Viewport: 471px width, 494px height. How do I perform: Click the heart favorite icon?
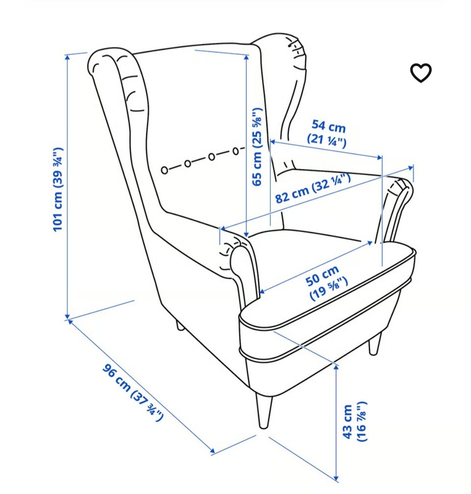click(420, 73)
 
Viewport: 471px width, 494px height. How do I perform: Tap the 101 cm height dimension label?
click(58, 189)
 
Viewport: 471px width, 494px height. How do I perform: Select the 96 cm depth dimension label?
click(133, 392)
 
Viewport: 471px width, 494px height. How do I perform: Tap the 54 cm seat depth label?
click(328, 133)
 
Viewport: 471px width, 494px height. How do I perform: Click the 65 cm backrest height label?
click(258, 147)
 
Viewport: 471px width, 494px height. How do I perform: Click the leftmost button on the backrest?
click(164, 170)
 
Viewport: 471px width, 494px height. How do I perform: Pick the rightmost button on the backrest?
click(235, 152)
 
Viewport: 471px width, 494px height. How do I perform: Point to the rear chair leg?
click(180, 325)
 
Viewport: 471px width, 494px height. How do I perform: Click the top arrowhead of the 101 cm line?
click(67, 57)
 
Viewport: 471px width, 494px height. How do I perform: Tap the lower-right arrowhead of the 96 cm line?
click(211, 451)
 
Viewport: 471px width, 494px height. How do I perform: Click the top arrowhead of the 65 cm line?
click(247, 57)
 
